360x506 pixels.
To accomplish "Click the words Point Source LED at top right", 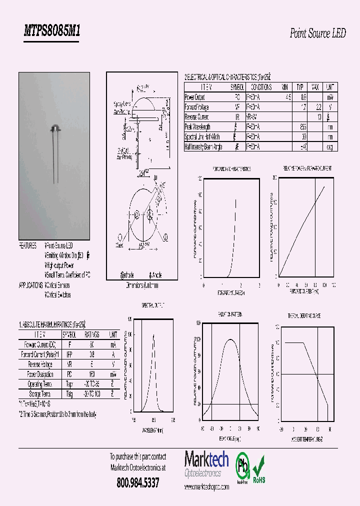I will pos(317,33).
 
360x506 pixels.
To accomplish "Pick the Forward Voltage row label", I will pos(197,107).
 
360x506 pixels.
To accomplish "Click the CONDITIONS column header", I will pos(259,87).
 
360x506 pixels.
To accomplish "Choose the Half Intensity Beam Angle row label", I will pos(203,147).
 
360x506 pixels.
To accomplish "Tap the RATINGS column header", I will pos(91,334).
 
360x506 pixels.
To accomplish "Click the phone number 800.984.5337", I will pos(137,483).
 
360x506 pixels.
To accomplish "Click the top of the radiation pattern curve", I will pos(230,339).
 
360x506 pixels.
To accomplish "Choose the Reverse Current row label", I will pos(196,117).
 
